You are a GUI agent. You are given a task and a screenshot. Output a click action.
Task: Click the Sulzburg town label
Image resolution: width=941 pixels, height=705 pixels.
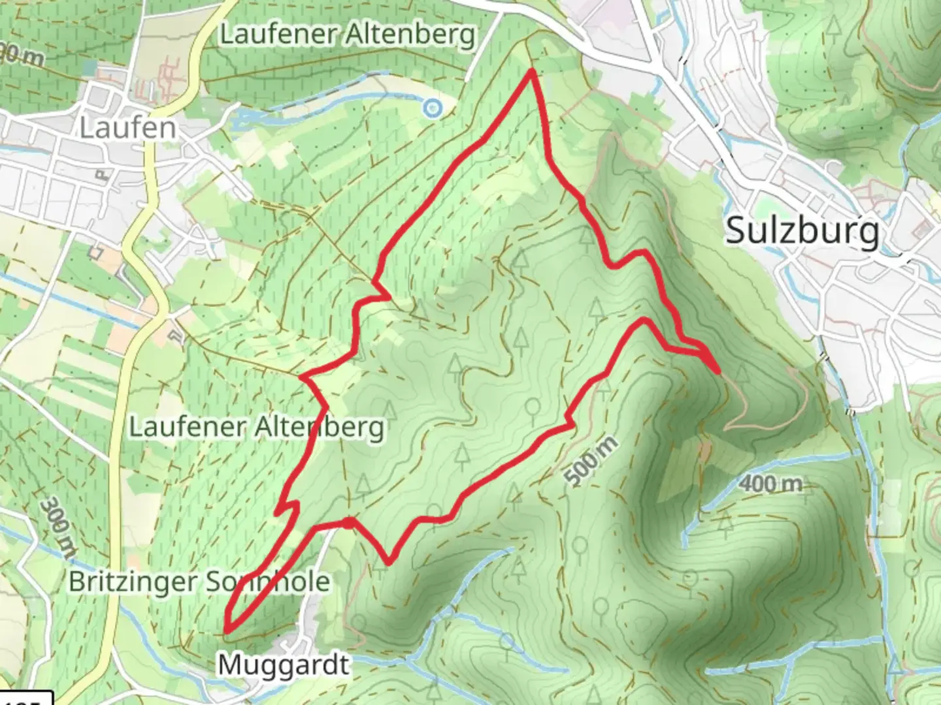click(x=802, y=231)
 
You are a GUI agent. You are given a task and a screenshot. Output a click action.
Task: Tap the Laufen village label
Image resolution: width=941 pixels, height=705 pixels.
click(x=128, y=128)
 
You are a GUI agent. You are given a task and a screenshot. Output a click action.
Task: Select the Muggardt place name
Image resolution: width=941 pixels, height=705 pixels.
click(x=283, y=665)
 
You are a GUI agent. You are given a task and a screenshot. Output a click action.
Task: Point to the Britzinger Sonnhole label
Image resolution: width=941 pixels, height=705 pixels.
click(x=199, y=581)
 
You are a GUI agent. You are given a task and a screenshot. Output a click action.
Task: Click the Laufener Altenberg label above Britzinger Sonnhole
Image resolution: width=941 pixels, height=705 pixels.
click(x=256, y=428)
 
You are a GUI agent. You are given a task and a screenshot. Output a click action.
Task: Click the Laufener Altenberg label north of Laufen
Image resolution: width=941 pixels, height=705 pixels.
click(x=347, y=35)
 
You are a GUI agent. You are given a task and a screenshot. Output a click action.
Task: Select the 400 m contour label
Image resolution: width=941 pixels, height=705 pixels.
click(x=770, y=484)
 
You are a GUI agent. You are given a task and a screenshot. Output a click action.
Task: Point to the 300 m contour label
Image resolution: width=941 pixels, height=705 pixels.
click(x=58, y=527)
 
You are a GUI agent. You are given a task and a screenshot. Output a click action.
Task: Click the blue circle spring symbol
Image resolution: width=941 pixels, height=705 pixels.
click(x=431, y=108)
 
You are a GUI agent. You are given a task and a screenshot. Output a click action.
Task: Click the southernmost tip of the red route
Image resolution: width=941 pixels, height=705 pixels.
click(x=227, y=631)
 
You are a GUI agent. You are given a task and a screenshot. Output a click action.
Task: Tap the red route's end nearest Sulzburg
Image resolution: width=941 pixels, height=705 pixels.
click(x=718, y=371)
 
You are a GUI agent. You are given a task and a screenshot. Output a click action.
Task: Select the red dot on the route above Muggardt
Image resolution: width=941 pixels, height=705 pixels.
click(x=350, y=522)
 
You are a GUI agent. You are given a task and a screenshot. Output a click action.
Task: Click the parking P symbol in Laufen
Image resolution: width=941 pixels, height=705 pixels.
click(x=102, y=175)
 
